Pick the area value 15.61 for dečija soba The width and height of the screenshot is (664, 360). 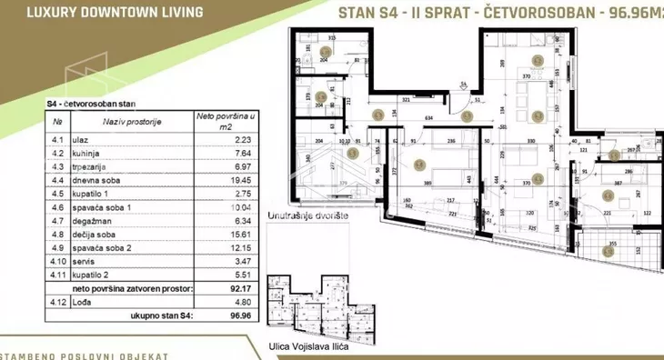coord(216,233)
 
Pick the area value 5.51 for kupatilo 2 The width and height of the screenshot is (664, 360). coord(216,271)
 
